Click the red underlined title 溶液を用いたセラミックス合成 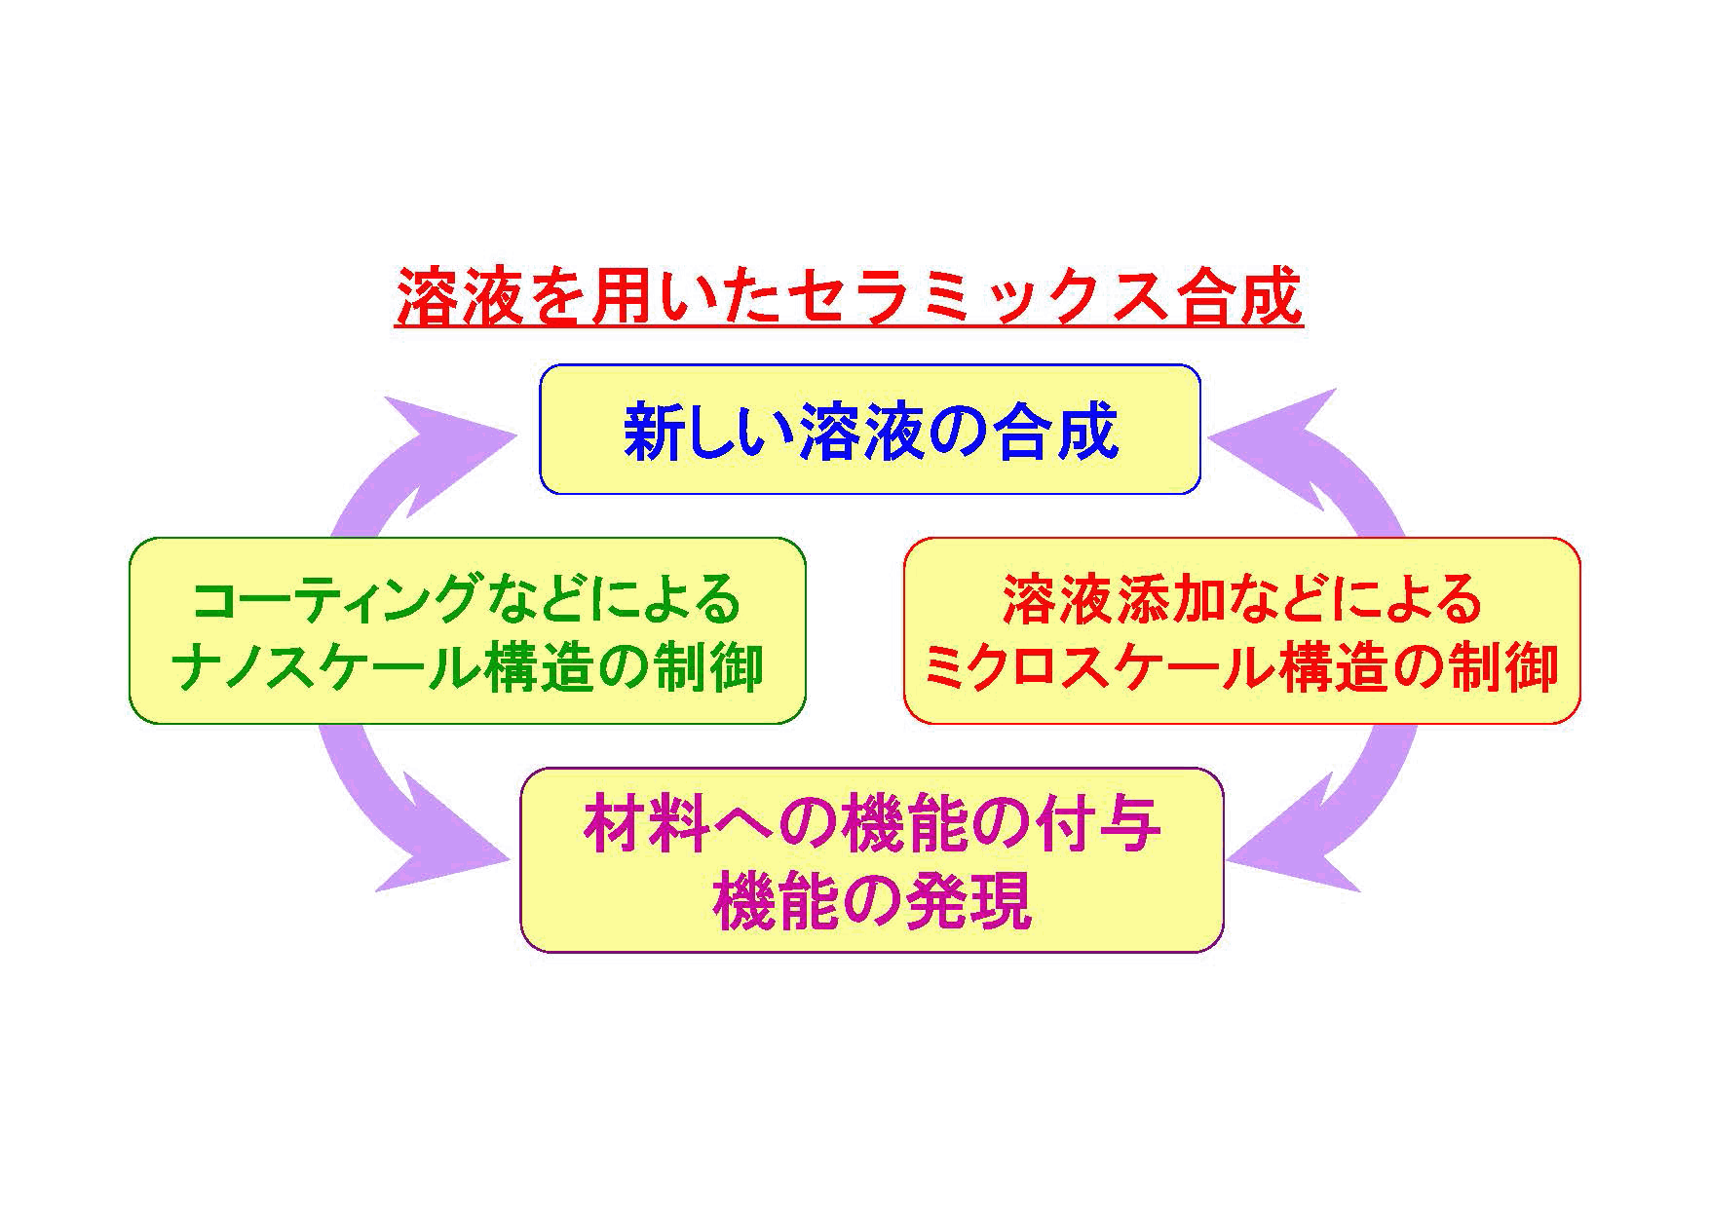(x=849, y=298)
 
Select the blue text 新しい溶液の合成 (x=870, y=431)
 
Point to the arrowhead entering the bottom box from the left (x=438, y=857)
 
